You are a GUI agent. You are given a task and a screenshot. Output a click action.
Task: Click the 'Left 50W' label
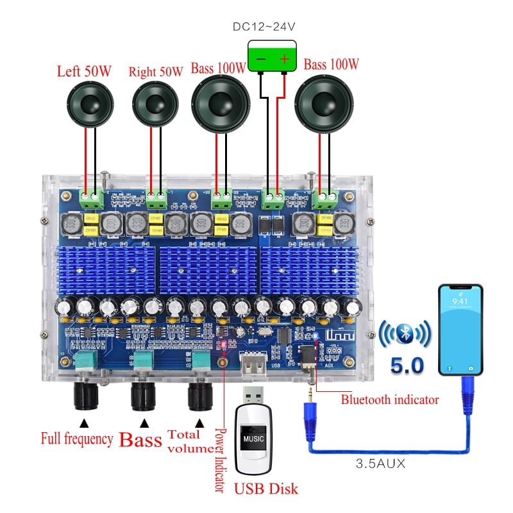tap(84, 71)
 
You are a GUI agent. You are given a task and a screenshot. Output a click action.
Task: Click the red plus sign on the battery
tap(285, 58)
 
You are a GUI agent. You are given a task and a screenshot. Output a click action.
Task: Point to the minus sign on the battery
tap(260, 58)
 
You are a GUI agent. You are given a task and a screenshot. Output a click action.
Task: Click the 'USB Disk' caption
tap(265, 489)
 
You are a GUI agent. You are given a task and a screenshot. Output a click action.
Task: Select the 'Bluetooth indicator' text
tap(389, 399)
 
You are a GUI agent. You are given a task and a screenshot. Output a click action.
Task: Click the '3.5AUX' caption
tap(380, 464)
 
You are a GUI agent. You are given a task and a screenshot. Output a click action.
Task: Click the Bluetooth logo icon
tap(404, 334)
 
